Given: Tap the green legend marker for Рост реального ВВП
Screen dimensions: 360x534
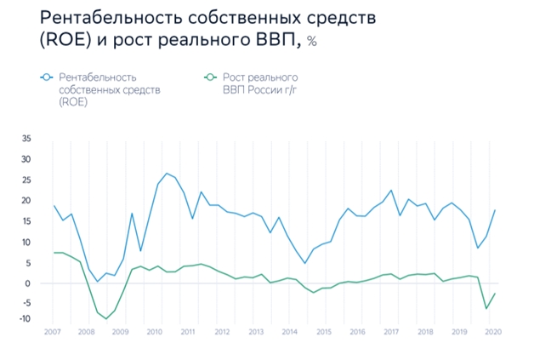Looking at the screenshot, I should click(x=209, y=78).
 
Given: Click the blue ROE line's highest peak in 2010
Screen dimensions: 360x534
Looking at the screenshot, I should click(x=167, y=174).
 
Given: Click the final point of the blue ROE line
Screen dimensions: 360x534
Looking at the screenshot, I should click(x=494, y=210).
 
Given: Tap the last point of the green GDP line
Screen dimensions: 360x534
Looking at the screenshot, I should click(x=494, y=294).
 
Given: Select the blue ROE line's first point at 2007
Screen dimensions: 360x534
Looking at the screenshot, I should click(x=54, y=206).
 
